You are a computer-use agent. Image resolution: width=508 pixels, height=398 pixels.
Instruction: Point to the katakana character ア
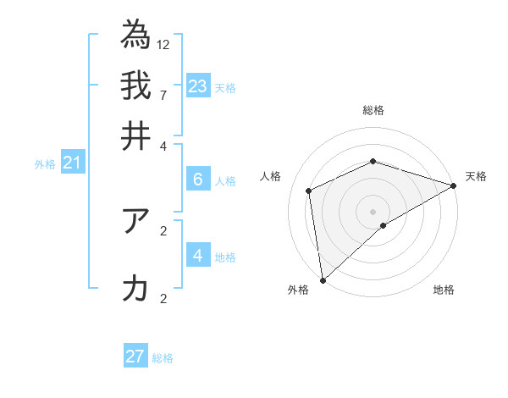(x=135, y=221)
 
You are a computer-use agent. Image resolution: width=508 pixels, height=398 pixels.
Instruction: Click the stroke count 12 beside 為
(x=163, y=43)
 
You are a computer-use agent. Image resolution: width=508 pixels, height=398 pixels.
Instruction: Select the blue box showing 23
(x=198, y=86)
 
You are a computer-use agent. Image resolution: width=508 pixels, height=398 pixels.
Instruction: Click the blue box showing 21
(x=71, y=163)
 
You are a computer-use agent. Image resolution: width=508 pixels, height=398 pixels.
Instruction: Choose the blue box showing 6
(x=198, y=179)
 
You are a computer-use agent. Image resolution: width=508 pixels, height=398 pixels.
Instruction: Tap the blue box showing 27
(x=135, y=357)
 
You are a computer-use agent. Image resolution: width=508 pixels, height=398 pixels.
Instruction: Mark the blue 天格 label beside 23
(x=225, y=88)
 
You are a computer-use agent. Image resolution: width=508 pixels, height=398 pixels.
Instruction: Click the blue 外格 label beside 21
(x=45, y=165)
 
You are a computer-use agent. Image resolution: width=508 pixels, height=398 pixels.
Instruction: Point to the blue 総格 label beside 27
(x=163, y=358)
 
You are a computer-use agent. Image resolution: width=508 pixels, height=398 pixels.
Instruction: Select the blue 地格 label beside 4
(x=225, y=257)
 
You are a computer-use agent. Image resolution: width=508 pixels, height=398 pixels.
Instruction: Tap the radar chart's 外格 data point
(x=323, y=279)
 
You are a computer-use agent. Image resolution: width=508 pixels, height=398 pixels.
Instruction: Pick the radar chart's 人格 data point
(x=309, y=191)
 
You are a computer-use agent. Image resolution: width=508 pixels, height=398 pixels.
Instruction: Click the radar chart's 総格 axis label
(x=373, y=110)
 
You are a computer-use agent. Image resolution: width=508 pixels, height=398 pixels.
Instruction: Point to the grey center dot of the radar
(x=373, y=211)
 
